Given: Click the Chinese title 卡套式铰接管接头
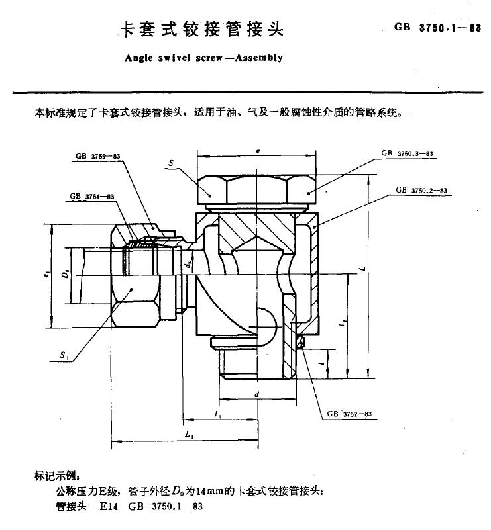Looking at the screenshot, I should coord(200,30).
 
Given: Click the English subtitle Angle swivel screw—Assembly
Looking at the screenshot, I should coord(203,58).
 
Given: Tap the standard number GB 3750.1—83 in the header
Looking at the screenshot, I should coord(437,28).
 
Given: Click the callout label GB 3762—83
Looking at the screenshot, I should coord(350,414).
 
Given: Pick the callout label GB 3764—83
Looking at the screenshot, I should coord(92,197).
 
